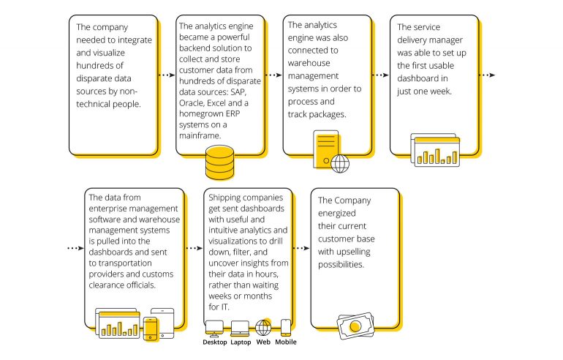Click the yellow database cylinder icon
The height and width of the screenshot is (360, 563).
point(220,162)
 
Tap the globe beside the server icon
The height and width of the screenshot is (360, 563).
point(340,163)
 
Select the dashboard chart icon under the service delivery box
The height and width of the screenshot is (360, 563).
point(435,150)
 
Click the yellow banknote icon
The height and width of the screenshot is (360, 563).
point(355,326)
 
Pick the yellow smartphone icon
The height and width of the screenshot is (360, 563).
point(150,329)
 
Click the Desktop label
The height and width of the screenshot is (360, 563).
point(215,342)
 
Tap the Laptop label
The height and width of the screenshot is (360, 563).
point(241,342)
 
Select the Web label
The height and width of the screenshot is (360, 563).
point(263,342)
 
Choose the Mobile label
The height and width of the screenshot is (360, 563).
point(286,342)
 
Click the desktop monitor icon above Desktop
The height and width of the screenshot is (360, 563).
point(214,329)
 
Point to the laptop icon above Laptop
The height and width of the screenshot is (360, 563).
point(240,329)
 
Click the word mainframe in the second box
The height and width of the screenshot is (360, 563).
point(200,136)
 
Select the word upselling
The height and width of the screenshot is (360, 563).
point(353,252)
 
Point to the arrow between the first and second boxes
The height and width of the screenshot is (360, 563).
point(167,75)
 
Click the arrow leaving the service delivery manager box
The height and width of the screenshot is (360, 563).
point(487,75)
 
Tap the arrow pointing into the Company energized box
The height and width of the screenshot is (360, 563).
point(301,248)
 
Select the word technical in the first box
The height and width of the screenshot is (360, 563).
point(94,104)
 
